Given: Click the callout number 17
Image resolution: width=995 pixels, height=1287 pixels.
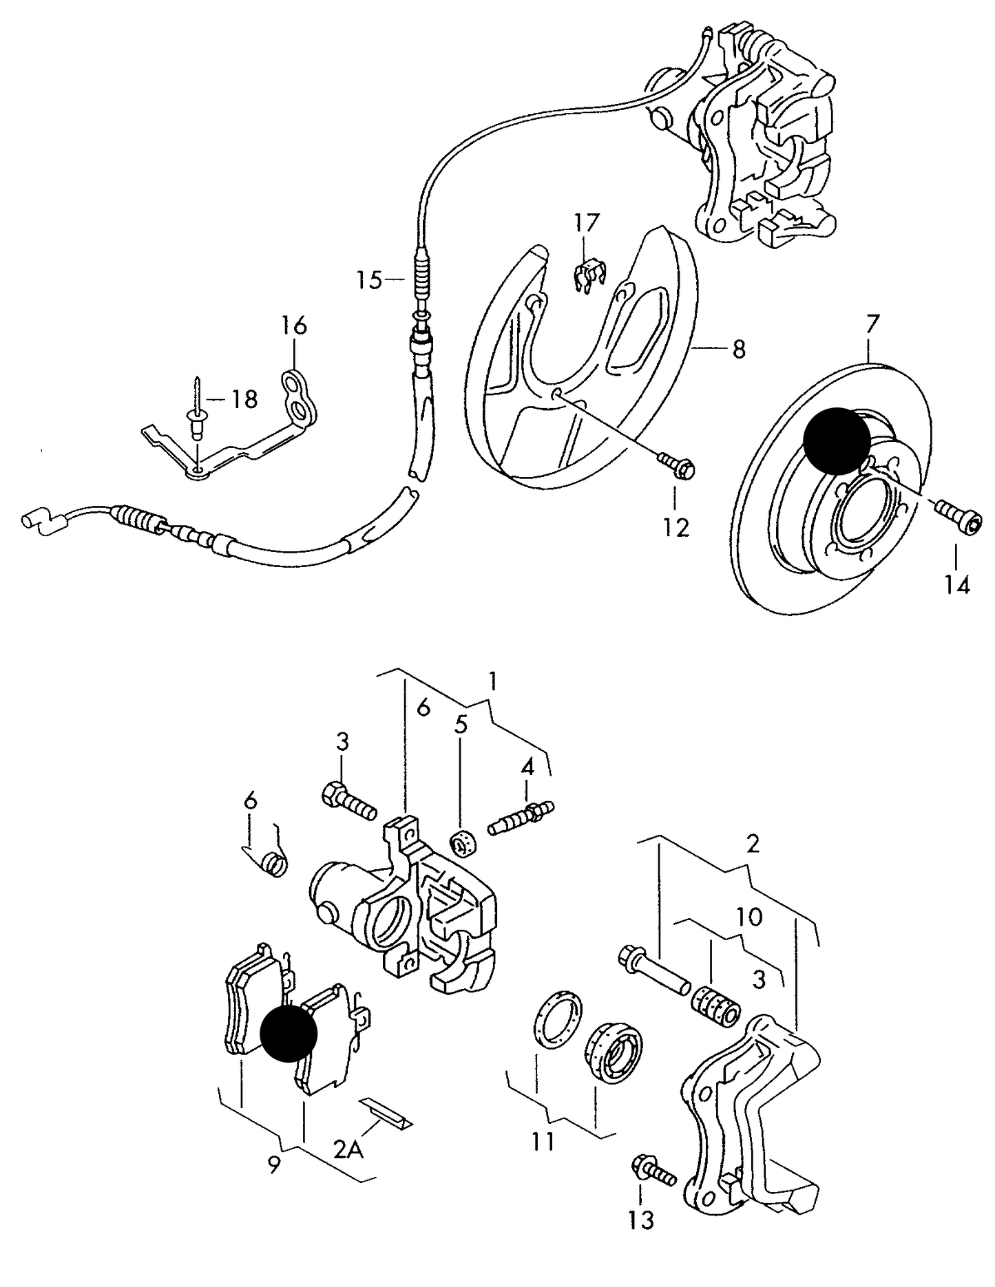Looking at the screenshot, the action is [x=587, y=223].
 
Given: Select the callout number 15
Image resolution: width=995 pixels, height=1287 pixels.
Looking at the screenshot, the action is [x=368, y=279].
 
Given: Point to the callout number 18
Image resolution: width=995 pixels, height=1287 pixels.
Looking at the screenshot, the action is [x=244, y=399].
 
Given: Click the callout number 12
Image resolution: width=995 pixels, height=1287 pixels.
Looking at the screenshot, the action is [x=676, y=528].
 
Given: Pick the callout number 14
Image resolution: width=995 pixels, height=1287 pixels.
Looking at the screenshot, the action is [x=957, y=585].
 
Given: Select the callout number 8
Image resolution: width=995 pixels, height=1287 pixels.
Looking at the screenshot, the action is [x=739, y=350].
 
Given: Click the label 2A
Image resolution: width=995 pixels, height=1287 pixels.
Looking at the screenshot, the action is [x=348, y=1149].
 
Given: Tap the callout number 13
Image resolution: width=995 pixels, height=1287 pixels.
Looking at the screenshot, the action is [x=641, y=1220].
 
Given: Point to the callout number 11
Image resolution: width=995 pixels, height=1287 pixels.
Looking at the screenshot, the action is [x=543, y=1142].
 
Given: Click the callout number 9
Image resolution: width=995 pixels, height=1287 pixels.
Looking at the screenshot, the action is [x=274, y=1166].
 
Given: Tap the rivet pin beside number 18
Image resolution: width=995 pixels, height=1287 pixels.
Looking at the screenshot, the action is [x=197, y=412].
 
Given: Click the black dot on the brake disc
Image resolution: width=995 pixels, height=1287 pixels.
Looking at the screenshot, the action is [x=837, y=440].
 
